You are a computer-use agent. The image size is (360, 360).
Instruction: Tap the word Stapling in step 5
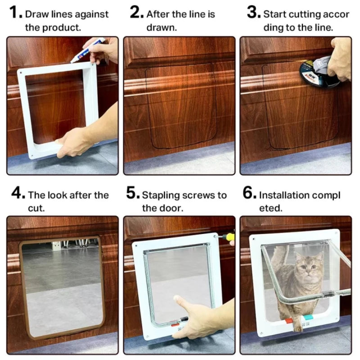coord(161,195)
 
